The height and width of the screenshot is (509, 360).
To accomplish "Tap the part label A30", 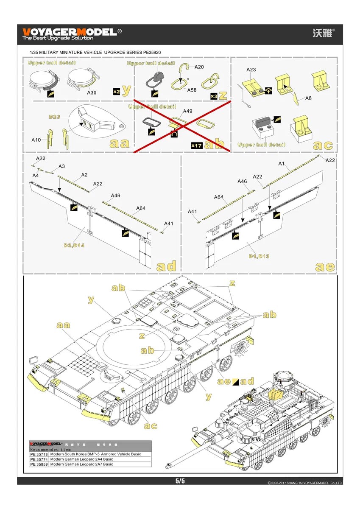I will coord(92,92).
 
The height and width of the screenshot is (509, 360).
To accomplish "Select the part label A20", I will coord(199,67).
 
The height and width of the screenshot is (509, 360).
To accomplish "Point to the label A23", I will coord(251,69).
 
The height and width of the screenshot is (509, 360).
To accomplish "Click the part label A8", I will coord(308,98).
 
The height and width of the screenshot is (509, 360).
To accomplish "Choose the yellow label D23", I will coord(54,116).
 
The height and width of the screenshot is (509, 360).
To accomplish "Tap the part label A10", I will coord(36,139).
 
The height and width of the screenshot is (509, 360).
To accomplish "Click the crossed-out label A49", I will coord(187,111).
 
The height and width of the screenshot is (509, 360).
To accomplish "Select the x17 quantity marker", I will coord(196,145).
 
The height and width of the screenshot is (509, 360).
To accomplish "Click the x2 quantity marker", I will coord(116,91).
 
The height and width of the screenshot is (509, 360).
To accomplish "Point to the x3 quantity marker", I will coord(215,97).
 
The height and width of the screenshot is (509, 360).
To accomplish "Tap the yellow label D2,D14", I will coord(74,246).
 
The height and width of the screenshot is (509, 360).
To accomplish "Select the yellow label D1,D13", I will coord(259,256).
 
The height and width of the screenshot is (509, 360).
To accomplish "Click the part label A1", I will coord(281,163).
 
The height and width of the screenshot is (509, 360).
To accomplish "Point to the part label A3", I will coord(62,166).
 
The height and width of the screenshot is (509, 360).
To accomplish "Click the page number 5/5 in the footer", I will coord(180,481).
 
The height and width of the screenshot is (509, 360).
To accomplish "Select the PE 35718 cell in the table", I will coord(39,454).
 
